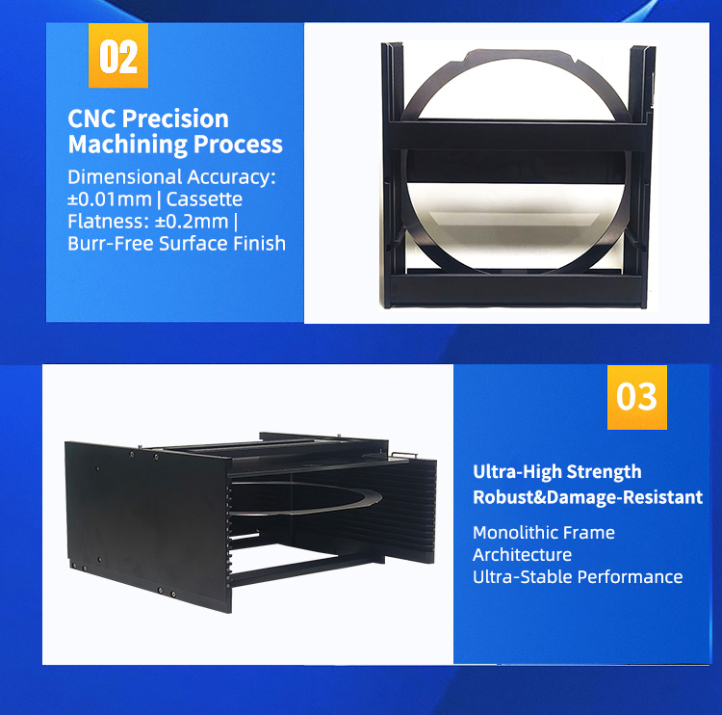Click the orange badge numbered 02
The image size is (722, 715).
pos(119,57)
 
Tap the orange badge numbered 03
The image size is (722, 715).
pos(636,396)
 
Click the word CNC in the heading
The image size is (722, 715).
pos(93,119)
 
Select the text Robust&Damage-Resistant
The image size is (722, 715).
pos(587,497)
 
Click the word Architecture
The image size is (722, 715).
pos(522,554)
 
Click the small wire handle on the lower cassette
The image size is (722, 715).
pos(404,453)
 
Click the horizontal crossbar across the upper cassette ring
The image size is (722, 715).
pos(510,130)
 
